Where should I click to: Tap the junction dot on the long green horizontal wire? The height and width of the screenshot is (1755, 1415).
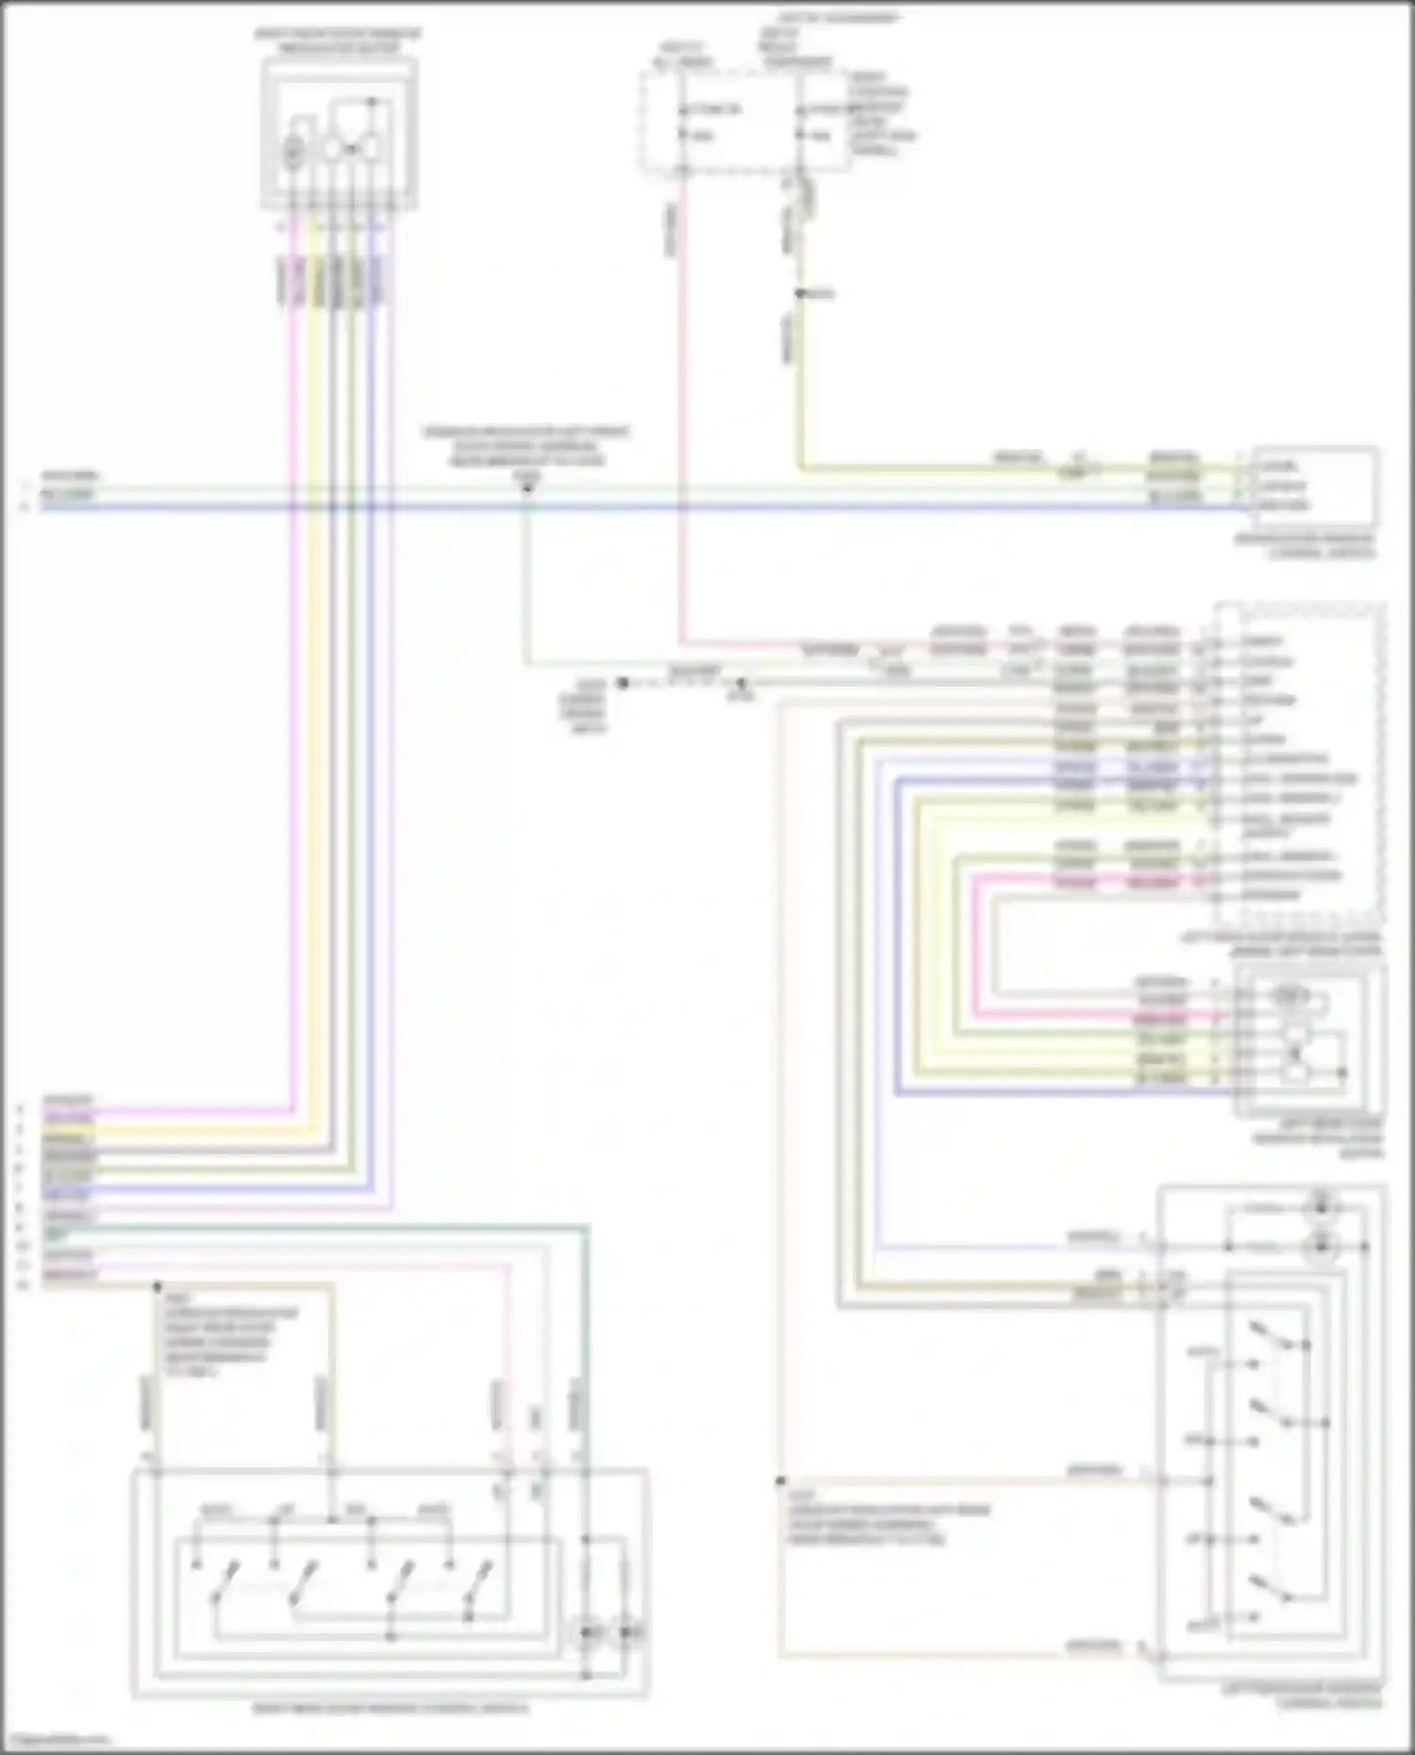(527, 488)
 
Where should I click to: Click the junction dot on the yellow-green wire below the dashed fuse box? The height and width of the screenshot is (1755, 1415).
(799, 294)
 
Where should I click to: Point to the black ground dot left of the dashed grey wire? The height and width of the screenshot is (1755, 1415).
(623, 683)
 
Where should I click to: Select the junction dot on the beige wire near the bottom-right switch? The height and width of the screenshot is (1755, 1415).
(781, 1482)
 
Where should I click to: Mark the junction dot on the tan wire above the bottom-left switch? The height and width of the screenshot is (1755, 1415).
(158, 1285)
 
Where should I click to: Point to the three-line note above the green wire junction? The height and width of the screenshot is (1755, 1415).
(525, 446)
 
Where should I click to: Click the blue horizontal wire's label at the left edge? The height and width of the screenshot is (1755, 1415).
(66, 505)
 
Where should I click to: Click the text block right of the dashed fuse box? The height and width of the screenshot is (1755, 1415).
(880, 113)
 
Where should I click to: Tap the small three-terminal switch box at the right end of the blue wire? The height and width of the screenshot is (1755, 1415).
(1314, 488)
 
